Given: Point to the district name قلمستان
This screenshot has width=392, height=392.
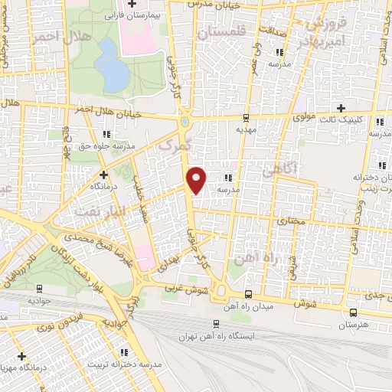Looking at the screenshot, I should tap(221, 33).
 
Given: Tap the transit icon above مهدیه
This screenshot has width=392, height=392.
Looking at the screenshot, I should tap(246, 118).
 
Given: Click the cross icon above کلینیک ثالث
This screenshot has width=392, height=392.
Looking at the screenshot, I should tap(341, 108).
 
